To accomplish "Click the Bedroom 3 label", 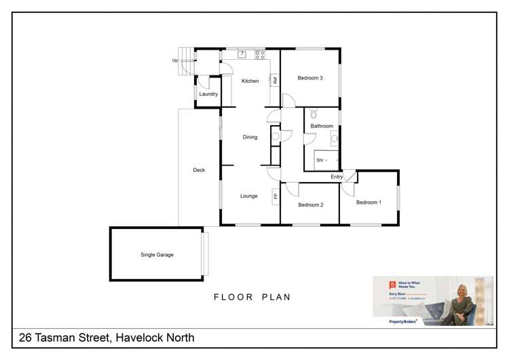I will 309,78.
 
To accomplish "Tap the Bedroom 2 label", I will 309,204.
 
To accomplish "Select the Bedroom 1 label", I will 369,202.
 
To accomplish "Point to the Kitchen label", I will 250,82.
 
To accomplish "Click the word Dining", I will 250,137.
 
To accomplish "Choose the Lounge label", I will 248,196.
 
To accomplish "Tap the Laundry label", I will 208,94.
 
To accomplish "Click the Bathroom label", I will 322,126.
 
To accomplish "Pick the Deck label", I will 198,170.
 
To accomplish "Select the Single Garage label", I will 157,255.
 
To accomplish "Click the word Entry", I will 337,177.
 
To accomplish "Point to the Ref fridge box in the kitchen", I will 275,80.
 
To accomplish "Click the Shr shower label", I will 320,160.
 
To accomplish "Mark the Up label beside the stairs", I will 174,60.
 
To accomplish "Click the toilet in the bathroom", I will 313,115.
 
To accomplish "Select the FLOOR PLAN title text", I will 252,297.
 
